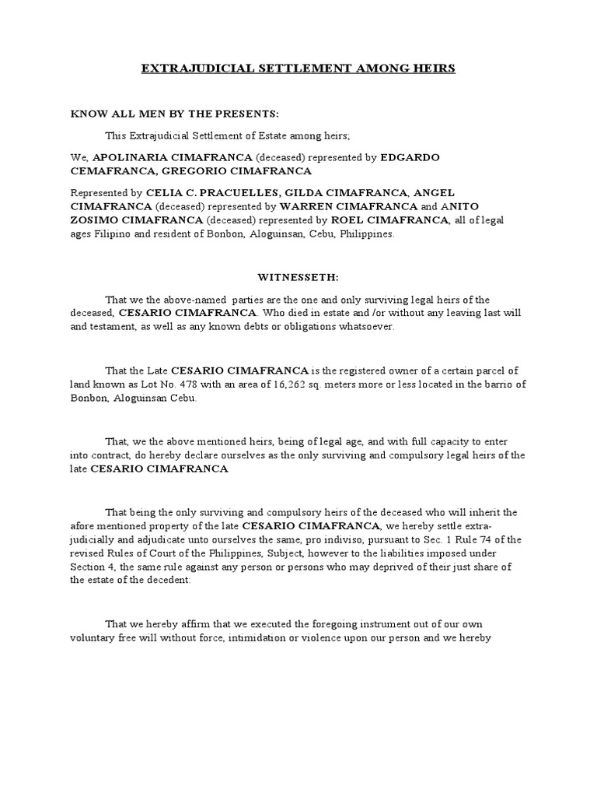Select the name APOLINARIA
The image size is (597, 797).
(131, 157)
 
